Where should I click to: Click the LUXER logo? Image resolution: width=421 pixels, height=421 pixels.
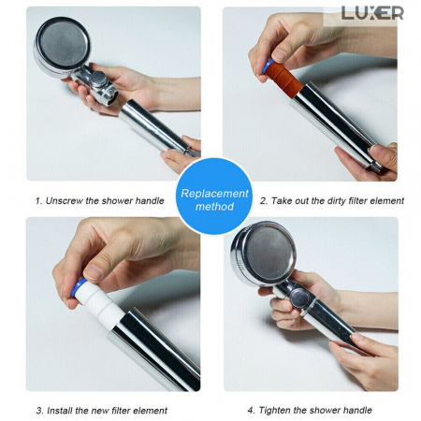tap(372, 13)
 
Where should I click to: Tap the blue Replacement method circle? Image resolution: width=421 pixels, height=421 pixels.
tap(214, 196)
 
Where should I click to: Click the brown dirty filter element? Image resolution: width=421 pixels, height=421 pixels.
tap(284, 77)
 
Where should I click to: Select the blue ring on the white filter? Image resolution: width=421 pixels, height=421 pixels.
tap(78, 287)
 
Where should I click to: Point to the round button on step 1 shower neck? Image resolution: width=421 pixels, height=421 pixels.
tap(98, 79)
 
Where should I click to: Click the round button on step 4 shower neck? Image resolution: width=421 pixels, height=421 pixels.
tap(298, 298)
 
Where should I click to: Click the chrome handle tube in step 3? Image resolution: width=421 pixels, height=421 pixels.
tap(155, 349)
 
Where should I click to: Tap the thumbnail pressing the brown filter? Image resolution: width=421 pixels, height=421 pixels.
tap(280, 55)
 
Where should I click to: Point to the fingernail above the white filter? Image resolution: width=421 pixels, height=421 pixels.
tap(93, 272)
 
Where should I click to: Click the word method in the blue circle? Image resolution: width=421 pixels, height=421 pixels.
tap(214, 207)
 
